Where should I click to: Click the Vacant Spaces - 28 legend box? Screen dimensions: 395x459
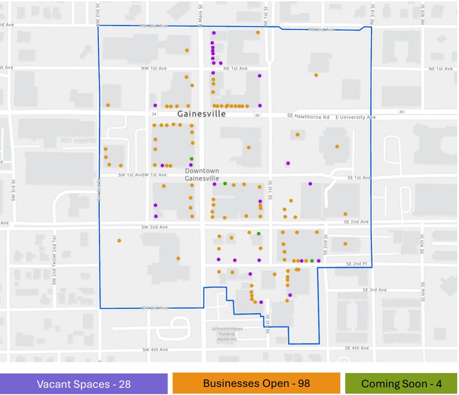(84, 384)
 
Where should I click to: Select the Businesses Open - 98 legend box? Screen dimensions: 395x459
(256, 383)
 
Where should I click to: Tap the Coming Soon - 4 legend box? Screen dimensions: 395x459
(401, 384)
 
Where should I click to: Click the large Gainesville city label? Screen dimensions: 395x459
(201, 114)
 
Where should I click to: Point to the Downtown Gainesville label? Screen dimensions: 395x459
(202, 175)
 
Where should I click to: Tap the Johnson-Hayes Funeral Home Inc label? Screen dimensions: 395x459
(227, 334)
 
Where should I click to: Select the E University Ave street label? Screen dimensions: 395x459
(358, 117)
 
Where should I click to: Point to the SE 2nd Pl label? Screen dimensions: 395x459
(357, 264)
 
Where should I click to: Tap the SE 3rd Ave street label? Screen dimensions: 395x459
(374, 290)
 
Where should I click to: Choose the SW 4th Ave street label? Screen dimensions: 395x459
(155, 350)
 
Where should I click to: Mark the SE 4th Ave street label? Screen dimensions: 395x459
(357, 348)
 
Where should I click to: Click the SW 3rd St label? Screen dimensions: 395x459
(14, 191)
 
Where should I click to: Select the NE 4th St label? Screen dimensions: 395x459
(423, 13)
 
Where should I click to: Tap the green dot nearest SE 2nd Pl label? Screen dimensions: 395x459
(312, 261)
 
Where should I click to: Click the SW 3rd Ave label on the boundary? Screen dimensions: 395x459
(155, 308)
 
